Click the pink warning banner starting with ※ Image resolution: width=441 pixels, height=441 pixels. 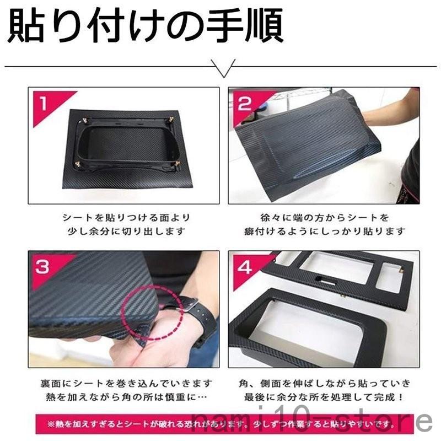[x=220, y=424]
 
